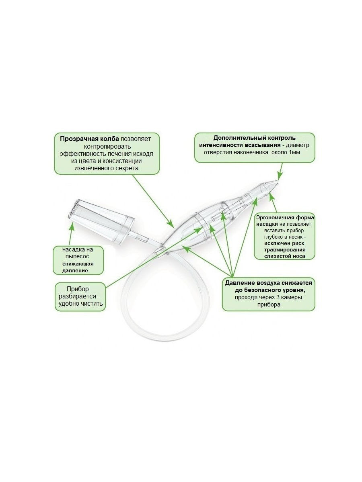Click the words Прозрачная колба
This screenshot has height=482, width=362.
(x=89, y=139)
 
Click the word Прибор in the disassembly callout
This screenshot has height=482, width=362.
(x=78, y=289)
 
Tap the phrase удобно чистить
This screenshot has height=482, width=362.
(x=81, y=304)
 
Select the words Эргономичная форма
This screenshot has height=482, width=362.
(x=285, y=218)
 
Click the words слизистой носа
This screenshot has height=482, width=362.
(x=285, y=256)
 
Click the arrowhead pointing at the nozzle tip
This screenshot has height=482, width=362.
(x=280, y=177)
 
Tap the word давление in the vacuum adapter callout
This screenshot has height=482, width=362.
(x=75, y=271)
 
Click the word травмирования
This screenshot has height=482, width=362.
(x=285, y=250)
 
